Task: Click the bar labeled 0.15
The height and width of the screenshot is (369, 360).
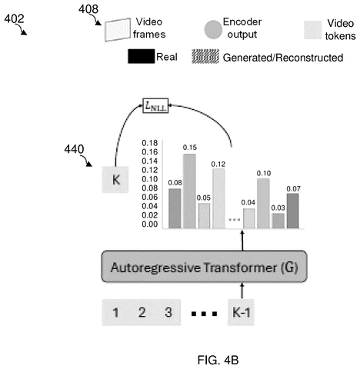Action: [189, 191]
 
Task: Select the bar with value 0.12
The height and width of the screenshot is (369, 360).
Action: [218, 198]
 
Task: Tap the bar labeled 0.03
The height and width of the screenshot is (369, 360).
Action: [278, 221]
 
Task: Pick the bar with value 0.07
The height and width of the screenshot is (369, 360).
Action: [293, 211]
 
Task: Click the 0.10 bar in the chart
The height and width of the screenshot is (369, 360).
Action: [263, 203]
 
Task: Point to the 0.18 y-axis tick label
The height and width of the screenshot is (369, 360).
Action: [150, 143]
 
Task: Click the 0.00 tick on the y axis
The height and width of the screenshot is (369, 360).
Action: [150, 224]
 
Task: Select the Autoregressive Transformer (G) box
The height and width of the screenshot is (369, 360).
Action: [204, 267]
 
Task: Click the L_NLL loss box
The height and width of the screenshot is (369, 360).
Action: [155, 105]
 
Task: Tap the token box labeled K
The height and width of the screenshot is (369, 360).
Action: [115, 180]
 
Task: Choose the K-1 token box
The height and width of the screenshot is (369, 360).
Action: [241, 312]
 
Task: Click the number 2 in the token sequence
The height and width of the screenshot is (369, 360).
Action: [142, 312]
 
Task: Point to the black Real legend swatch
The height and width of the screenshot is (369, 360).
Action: [142, 56]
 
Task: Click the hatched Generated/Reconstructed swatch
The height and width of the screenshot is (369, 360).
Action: [205, 56]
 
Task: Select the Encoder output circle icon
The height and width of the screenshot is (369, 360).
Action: [213, 30]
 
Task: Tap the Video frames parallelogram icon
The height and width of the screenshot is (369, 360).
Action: [118, 30]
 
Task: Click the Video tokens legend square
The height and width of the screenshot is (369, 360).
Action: [313, 30]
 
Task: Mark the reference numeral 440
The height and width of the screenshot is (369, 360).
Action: [74, 149]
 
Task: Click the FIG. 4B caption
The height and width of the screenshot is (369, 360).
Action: [218, 360]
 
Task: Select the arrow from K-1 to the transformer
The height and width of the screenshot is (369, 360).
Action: [242, 291]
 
